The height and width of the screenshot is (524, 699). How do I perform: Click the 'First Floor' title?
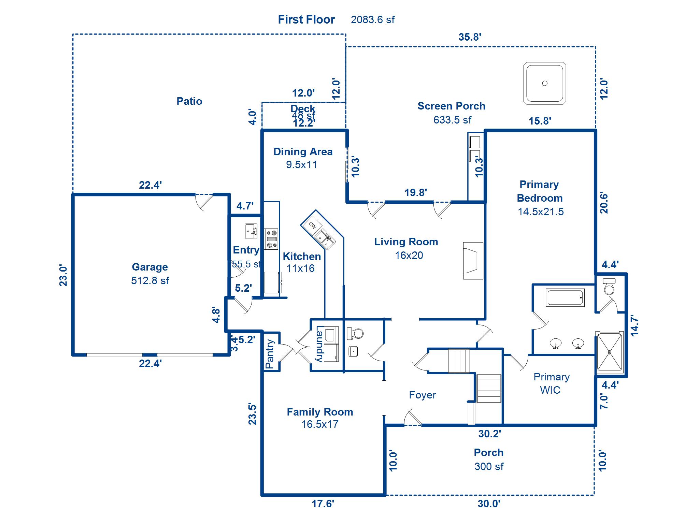click(306, 19)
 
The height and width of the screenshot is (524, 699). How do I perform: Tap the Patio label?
click(189, 101)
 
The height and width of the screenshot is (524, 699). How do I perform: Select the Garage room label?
click(150, 267)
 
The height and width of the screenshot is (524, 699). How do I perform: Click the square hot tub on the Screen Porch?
click(545, 83)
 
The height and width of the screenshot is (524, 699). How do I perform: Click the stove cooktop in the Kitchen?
click(272, 239)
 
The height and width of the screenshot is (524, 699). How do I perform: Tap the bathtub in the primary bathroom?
click(565, 297)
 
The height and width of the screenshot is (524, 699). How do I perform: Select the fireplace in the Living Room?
click(473, 261)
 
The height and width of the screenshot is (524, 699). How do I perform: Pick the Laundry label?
click(319, 345)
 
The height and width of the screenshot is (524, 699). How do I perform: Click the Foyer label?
click(422, 395)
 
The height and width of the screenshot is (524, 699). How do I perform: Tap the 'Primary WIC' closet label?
click(551, 383)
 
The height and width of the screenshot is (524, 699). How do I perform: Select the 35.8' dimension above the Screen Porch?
click(470, 37)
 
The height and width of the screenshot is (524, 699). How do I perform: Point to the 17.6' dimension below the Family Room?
click(323, 504)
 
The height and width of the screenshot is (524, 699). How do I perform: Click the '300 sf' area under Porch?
click(489, 466)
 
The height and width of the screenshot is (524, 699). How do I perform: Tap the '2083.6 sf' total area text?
click(372, 20)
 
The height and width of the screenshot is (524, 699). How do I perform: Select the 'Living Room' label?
click(406, 242)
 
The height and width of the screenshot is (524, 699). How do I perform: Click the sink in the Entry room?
click(251, 231)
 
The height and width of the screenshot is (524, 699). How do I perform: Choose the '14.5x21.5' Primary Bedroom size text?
click(541, 212)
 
